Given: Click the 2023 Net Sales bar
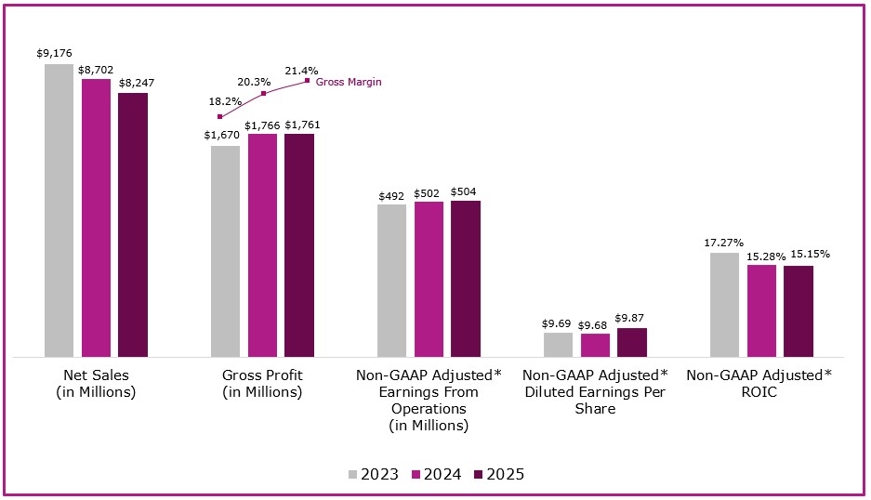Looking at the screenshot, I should click(x=59, y=210).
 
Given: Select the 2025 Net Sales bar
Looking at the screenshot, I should click(x=132, y=224).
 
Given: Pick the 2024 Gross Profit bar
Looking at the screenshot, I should click(x=262, y=244).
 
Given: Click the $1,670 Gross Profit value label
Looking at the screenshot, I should click(x=224, y=135).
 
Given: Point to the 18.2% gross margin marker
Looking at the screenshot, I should click(x=220, y=117).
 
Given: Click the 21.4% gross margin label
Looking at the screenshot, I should click(x=301, y=70).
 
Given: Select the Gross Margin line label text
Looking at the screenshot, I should click(x=349, y=82).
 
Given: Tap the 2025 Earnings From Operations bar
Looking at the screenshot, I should click(x=465, y=278).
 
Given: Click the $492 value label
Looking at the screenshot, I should click(x=391, y=196).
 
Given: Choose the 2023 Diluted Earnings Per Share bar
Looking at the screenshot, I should click(x=558, y=344).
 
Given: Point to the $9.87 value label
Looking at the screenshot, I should click(x=631, y=317).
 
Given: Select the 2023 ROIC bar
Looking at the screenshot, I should click(x=724, y=304).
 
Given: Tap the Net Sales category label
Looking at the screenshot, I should click(x=96, y=383).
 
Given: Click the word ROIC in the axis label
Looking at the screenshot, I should click(x=759, y=392).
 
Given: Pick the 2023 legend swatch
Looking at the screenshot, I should click(x=353, y=474).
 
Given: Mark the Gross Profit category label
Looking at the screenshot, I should click(x=262, y=383).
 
